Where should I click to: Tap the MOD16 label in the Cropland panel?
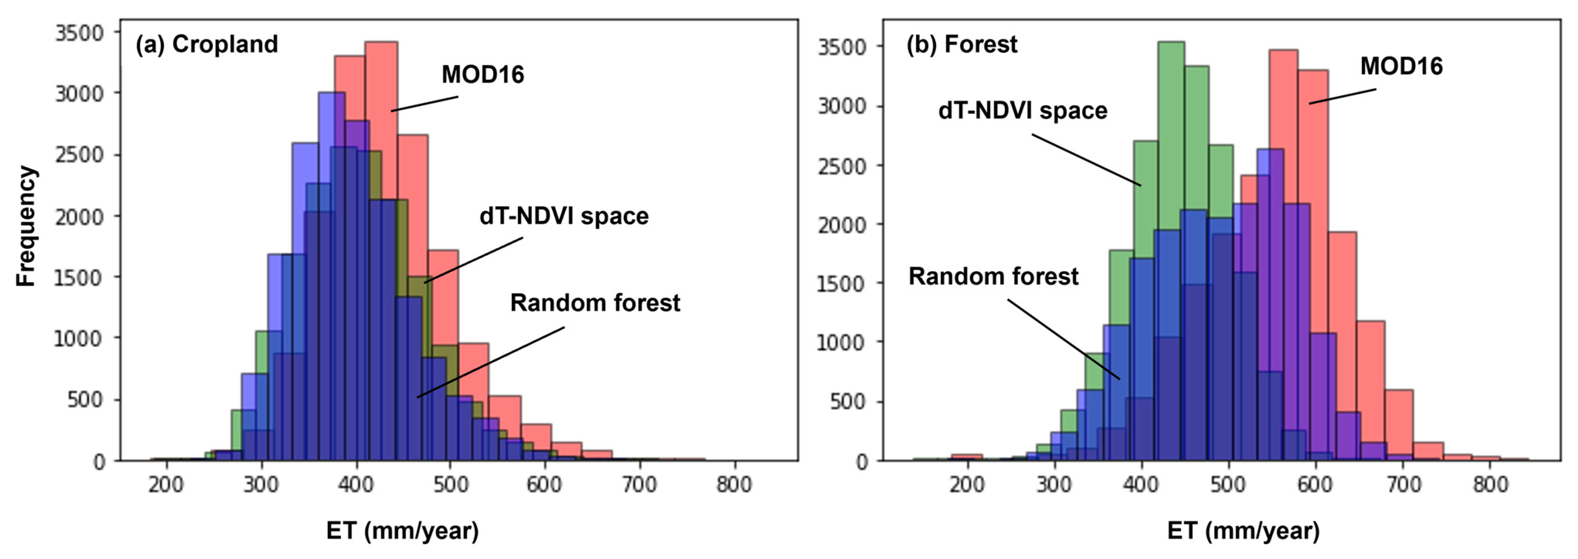(483, 75)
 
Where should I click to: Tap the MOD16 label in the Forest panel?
(1401, 66)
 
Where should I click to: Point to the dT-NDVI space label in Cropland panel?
(564, 216)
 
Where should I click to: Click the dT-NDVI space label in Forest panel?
(1022, 111)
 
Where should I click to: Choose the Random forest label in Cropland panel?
(595, 302)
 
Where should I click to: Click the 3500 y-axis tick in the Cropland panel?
(80, 32)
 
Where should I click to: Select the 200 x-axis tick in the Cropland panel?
(166, 484)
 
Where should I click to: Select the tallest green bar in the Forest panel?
(1171, 184)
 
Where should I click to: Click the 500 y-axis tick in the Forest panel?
(849, 401)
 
